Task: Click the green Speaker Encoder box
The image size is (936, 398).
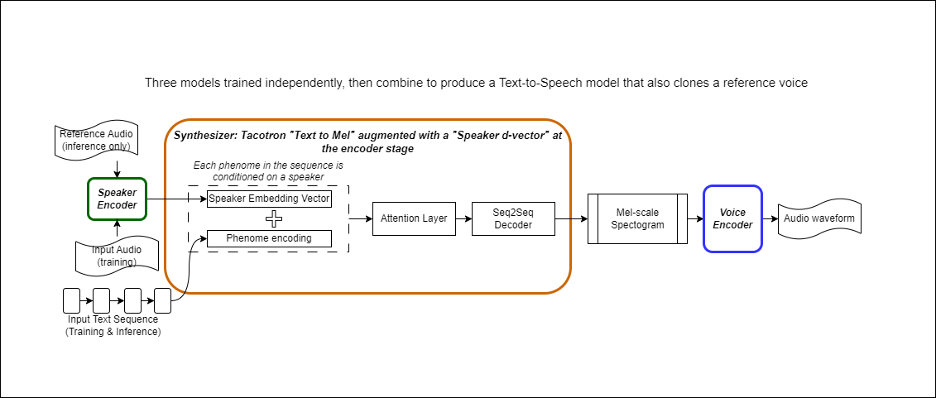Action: tap(117, 199)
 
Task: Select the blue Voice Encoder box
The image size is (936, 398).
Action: tap(732, 218)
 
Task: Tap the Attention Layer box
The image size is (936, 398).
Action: tap(413, 218)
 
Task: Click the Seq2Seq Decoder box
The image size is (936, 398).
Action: tap(512, 218)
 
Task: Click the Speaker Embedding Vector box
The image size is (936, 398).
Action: tap(269, 199)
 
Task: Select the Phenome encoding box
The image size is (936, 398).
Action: tap(269, 238)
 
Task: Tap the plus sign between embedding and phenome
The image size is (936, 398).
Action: tap(268, 218)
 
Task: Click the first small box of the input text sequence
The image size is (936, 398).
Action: tap(71, 300)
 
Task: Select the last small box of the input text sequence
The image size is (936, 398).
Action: tap(162, 300)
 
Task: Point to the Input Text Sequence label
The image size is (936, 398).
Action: tap(113, 325)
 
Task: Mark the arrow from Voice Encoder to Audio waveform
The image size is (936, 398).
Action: tap(769, 218)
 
